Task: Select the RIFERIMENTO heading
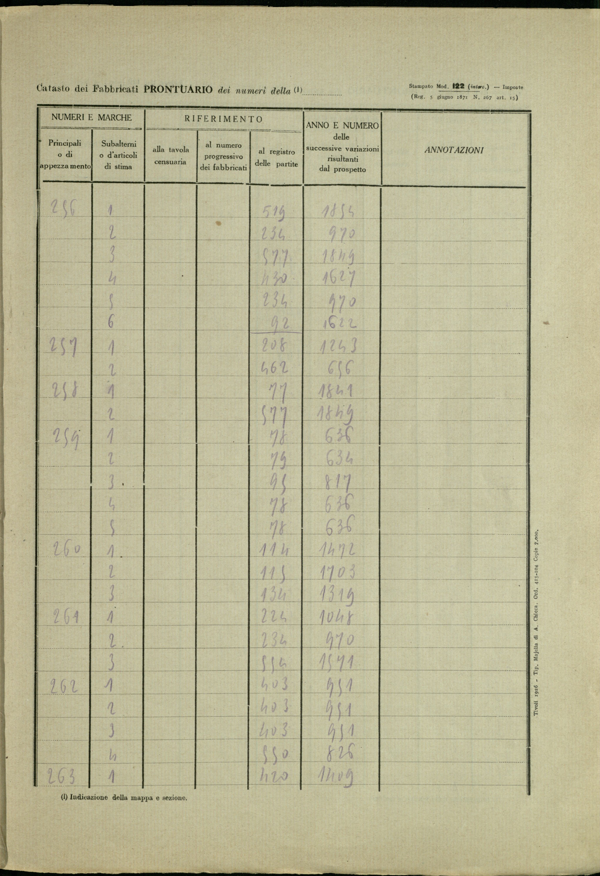223,119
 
